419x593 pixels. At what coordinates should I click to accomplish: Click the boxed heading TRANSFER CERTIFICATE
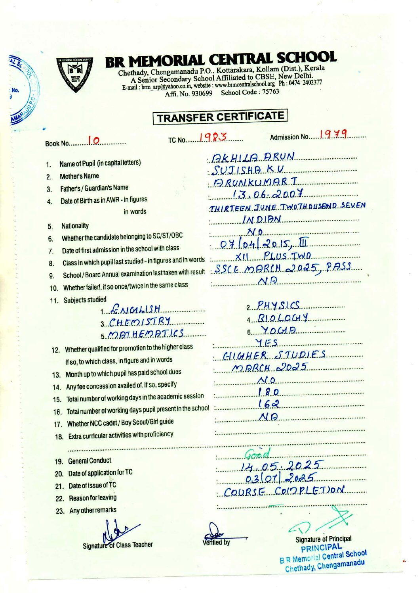[x=220, y=117]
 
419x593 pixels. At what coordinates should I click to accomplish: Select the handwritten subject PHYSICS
[x=278, y=305]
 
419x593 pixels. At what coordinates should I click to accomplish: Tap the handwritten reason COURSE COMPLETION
[x=284, y=491]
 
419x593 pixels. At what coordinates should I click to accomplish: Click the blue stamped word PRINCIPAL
[x=321, y=548]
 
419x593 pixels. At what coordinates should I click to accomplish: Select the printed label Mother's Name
[x=79, y=176]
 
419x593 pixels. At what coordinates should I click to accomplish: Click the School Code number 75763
[x=270, y=92]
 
